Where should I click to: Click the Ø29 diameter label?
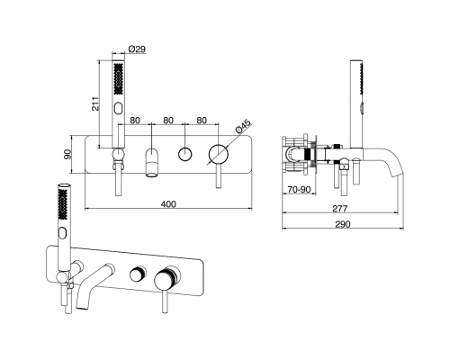point(137,49)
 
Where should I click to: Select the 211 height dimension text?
point(95,103)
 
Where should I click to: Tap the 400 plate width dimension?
point(168,204)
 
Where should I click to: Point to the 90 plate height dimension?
point(68,154)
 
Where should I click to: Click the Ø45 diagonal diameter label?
point(243,126)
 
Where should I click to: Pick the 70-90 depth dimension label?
point(299,190)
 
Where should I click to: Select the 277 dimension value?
point(339,208)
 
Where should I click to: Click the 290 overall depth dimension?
point(342,224)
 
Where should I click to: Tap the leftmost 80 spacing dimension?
point(135,121)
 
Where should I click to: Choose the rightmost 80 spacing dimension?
point(202,121)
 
